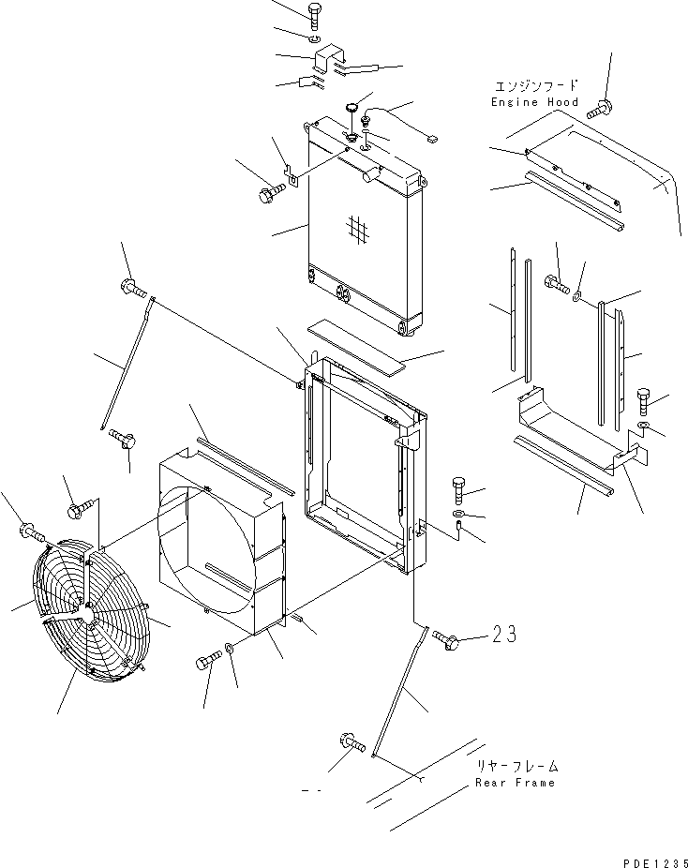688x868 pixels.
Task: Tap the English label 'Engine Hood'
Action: click(x=534, y=101)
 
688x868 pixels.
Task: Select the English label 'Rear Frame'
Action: click(x=515, y=783)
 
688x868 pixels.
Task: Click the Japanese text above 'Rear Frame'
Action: click(x=515, y=765)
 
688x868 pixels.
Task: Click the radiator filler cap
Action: click(x=352, y=108)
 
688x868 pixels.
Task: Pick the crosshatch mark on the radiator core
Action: click(x=355, y=227)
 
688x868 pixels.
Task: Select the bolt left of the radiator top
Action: click(x=269, y=195)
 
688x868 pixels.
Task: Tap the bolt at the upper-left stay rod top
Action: click(x=130, y=287)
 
